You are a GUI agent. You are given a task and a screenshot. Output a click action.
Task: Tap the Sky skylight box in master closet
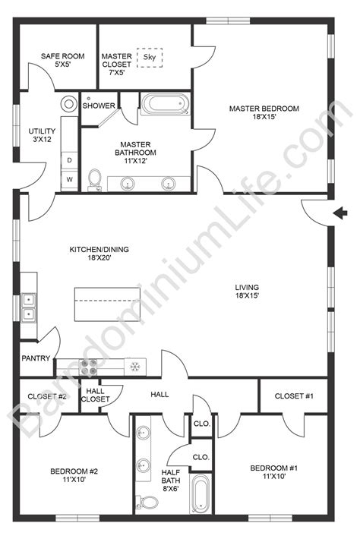click(x=149, y=58)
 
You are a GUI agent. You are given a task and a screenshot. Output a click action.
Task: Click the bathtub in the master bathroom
click(x=165, y=104)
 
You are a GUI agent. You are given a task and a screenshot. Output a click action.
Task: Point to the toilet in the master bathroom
click(x=95, y=179)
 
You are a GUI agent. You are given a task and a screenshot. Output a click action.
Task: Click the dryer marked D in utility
click(x=70, y=161)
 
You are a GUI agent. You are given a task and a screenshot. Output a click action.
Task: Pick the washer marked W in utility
click(x=70, y=179)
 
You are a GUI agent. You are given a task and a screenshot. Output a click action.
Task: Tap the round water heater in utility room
click(x=69, y=104)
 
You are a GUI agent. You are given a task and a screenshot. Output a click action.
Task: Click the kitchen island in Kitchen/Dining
click(x=111, y=306)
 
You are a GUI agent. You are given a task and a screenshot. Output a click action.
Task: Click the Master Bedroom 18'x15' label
click(x=264, y=114)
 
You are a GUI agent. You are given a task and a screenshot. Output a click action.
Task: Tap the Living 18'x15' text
click(x=248, y=291)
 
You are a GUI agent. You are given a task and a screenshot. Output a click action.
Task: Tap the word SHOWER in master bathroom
click(x=99, y=106)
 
